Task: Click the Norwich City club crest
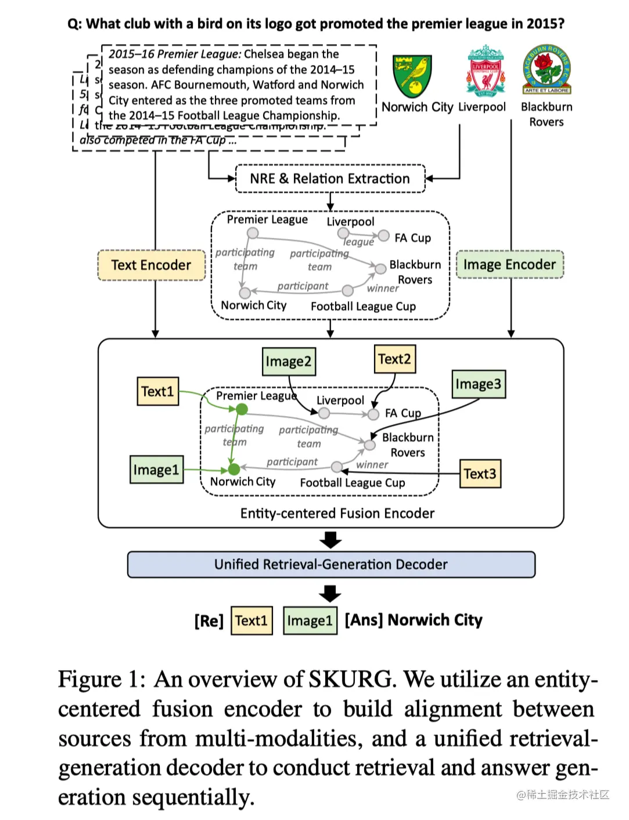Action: click(412, 76)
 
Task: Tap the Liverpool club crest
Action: click(485, 71)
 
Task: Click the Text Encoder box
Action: click(151, 265)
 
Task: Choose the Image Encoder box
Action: click(509, 265)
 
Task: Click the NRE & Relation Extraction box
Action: click(330, 179)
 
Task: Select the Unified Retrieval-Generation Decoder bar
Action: click(331, 565)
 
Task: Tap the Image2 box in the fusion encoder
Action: click(288, 362)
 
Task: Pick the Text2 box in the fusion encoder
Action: click(394, 359)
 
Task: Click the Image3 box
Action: click(478, 384)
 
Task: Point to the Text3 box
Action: click(480, 474)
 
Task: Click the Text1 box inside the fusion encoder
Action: click(157, 391)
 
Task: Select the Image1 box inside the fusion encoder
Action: click(156, 469)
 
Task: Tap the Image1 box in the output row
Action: click(310, 620)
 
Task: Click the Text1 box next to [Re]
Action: click(251, 620)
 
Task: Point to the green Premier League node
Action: click(242, 409)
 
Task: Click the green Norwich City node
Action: click(234, 469)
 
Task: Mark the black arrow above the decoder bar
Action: click(330, 540)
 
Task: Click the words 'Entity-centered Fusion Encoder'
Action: click(337, 514)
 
